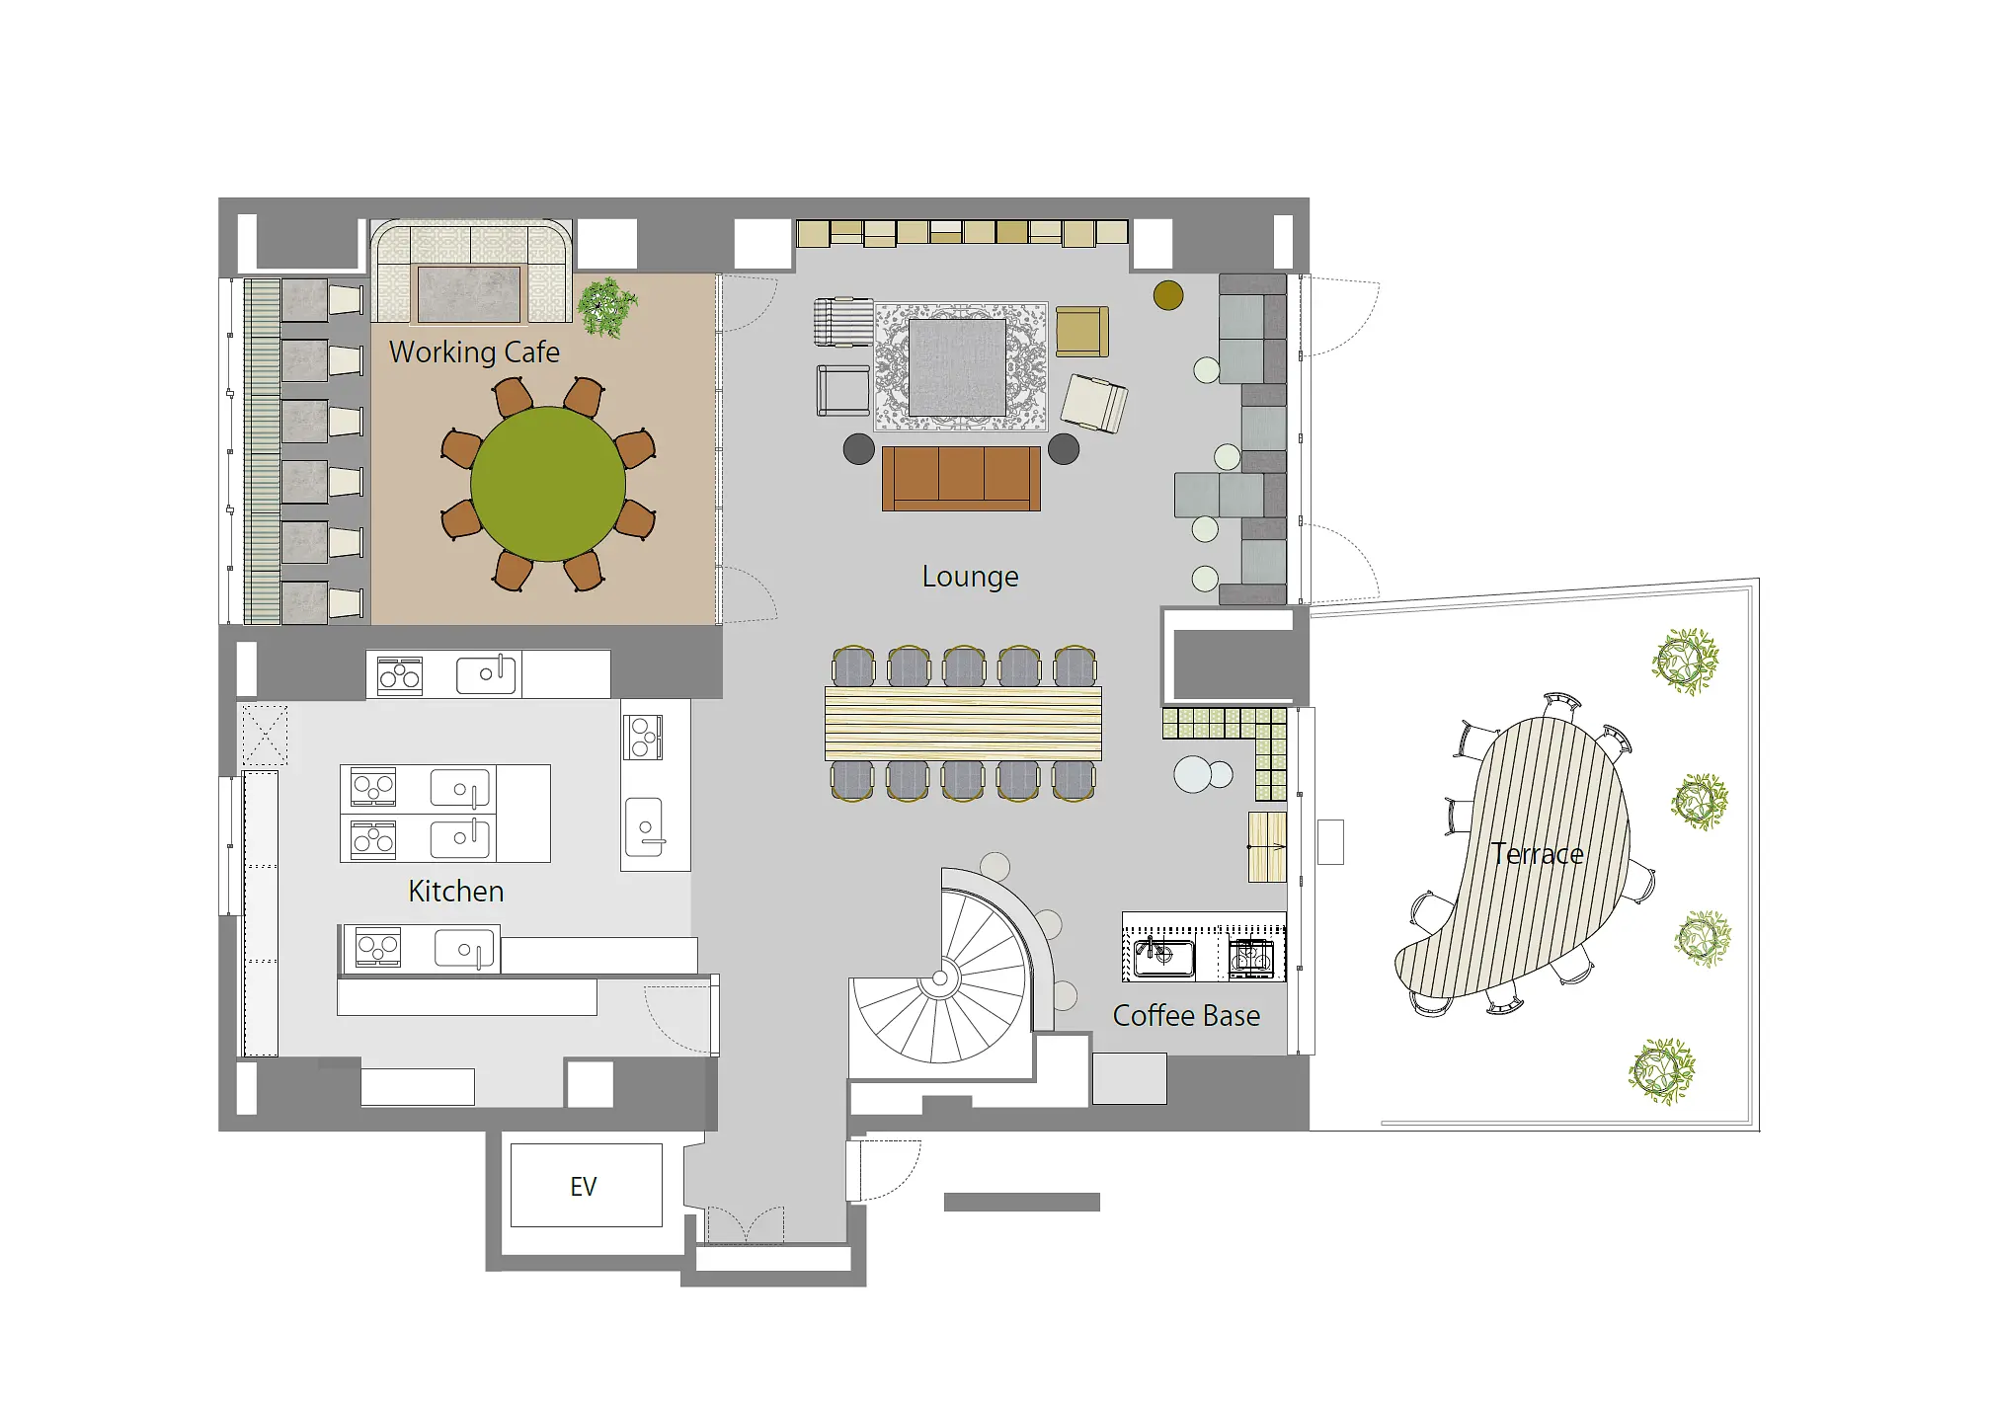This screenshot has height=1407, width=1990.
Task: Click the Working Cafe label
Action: (474, 352)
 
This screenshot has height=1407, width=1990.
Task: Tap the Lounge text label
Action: (970, 577)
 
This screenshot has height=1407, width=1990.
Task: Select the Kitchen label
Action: (456, 892)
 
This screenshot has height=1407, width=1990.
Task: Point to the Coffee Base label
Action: (1186, 1016)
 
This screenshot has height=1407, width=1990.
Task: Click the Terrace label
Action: (1537, 854)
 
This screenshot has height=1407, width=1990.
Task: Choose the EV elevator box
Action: (586, 1186)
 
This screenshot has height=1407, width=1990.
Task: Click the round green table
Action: (548, 484)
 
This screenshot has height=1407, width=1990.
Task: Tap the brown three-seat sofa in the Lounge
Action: (961, 479)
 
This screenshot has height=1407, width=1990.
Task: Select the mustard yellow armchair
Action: (1082, 332)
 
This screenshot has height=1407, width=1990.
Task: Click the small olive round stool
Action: (1168, 295)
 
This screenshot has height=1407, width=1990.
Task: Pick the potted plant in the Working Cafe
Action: (607, 307)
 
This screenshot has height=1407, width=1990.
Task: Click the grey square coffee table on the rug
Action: (957, 367)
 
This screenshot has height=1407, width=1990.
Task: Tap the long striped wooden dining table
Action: (963, 724)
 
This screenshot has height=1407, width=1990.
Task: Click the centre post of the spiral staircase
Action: (940, 979)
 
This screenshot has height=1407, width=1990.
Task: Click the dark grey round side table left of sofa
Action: (859, 449)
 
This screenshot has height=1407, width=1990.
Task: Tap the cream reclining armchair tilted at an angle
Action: (1094, 403)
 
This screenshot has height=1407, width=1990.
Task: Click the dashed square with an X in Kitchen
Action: (264, 735)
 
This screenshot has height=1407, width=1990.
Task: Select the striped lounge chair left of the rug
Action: (842, 322)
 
